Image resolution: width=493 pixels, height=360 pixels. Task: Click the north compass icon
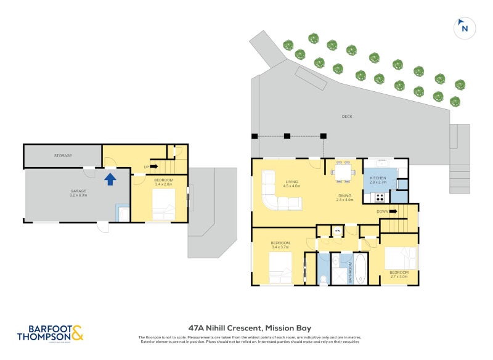pyautogui.click(x=463, y=28)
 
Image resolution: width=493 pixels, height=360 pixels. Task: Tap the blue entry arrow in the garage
pyautogui.click(x=110, y=179)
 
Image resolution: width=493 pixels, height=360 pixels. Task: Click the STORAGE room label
pyautogui.click(x=63, y=156)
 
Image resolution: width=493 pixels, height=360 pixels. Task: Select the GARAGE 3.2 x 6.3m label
pyautogui.click(x=78, y=193)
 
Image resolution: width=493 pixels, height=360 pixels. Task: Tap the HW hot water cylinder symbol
pyautogui.click(x=337, y=231)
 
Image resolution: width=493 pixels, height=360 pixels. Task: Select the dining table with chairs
pyautogui.click(x=342, y=172)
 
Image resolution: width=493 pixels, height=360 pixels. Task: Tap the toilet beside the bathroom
pyautogui.click(x=324, y=279)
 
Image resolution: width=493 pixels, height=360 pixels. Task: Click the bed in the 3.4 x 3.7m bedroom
pyautogui.click(x=280, y=268)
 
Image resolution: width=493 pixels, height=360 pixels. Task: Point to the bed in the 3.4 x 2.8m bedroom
pyautogui.click(x=163, y=204)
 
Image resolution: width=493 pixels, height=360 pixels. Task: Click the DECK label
pyautogui.click(x=348, y=116)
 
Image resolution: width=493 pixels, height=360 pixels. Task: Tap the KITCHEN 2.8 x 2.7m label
pyautogui.click(x=378, y=180)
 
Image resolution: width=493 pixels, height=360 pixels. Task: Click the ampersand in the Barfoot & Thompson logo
pyautogui.click(x=77, y=334)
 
